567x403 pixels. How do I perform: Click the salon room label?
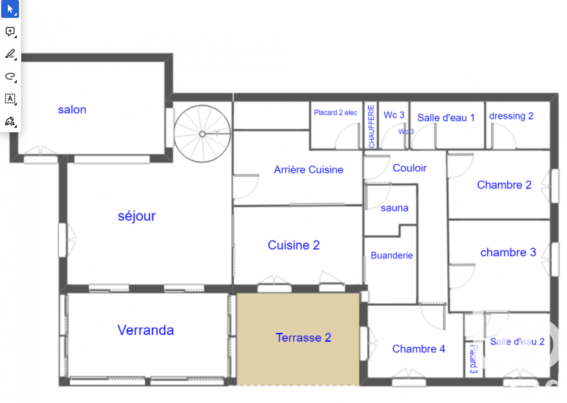point(72,110)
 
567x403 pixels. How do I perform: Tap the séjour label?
point(137,216)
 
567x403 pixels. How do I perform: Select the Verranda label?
point(146,330)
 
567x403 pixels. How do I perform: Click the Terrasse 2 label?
point(303,338)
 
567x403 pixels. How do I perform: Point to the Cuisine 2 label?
point(294,245)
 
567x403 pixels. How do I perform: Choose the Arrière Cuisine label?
point(309,169)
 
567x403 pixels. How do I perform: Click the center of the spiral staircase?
point(202,134)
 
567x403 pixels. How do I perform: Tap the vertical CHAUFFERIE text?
point(371,126)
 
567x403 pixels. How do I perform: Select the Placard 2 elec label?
point(335,113)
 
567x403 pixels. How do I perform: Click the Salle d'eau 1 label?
point(446,118)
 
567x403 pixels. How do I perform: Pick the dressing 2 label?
point(511,116)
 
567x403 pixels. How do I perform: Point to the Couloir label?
point(410,168)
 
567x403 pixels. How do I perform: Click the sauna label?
point(395,208)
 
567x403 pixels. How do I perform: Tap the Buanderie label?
point(392,255)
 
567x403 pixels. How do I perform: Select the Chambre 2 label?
point(504,185)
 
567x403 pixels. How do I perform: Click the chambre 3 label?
point(508,252)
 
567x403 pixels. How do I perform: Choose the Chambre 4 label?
point(419,349)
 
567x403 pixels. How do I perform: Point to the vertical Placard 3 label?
point(474,359)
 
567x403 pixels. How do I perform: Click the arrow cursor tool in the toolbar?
point(10,9)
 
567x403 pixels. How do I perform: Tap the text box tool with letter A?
point(10,99)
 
